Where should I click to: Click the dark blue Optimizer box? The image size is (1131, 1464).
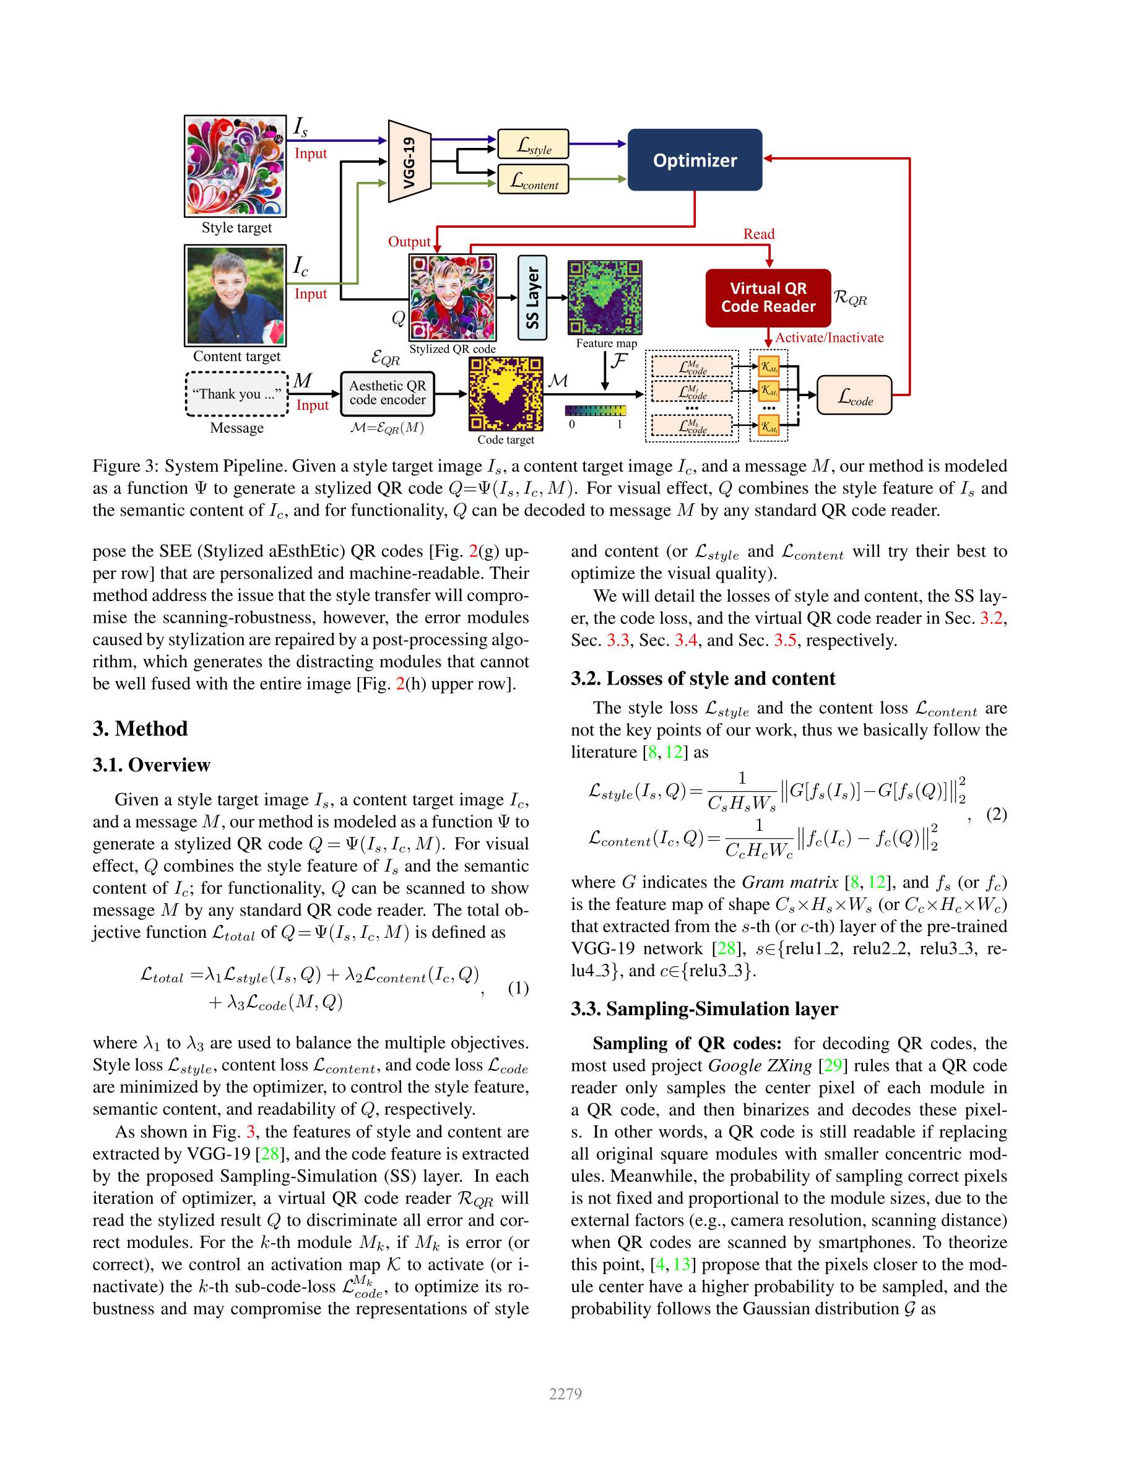point(694,160)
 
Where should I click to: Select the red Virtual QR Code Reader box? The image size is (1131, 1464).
point(768,298)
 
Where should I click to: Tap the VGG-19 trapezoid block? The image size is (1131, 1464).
point(409,161)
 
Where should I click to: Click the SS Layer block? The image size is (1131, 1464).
point(532,298)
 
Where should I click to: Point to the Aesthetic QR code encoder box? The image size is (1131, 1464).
point(387,393)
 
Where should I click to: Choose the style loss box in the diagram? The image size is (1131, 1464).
point(533,144)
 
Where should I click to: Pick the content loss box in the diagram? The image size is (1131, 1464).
point(533,179)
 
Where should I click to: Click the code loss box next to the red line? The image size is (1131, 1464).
point(854,396)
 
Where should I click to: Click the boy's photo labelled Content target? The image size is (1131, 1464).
point(235,295)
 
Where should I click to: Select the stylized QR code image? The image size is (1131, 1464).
point(453,297)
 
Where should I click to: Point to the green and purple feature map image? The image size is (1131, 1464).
point(605,297)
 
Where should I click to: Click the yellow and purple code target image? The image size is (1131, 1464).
point(506,393)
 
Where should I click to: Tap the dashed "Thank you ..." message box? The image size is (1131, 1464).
point(236,394)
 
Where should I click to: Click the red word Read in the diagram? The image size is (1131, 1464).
point(758,234)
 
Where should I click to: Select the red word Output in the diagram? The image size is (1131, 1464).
point(409,242)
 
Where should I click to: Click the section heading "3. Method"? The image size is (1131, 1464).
point(140,729)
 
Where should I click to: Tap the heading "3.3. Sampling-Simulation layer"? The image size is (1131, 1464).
point(704,1009)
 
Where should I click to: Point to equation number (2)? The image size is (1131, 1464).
point(996,814)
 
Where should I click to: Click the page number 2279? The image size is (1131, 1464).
point(565,1393)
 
